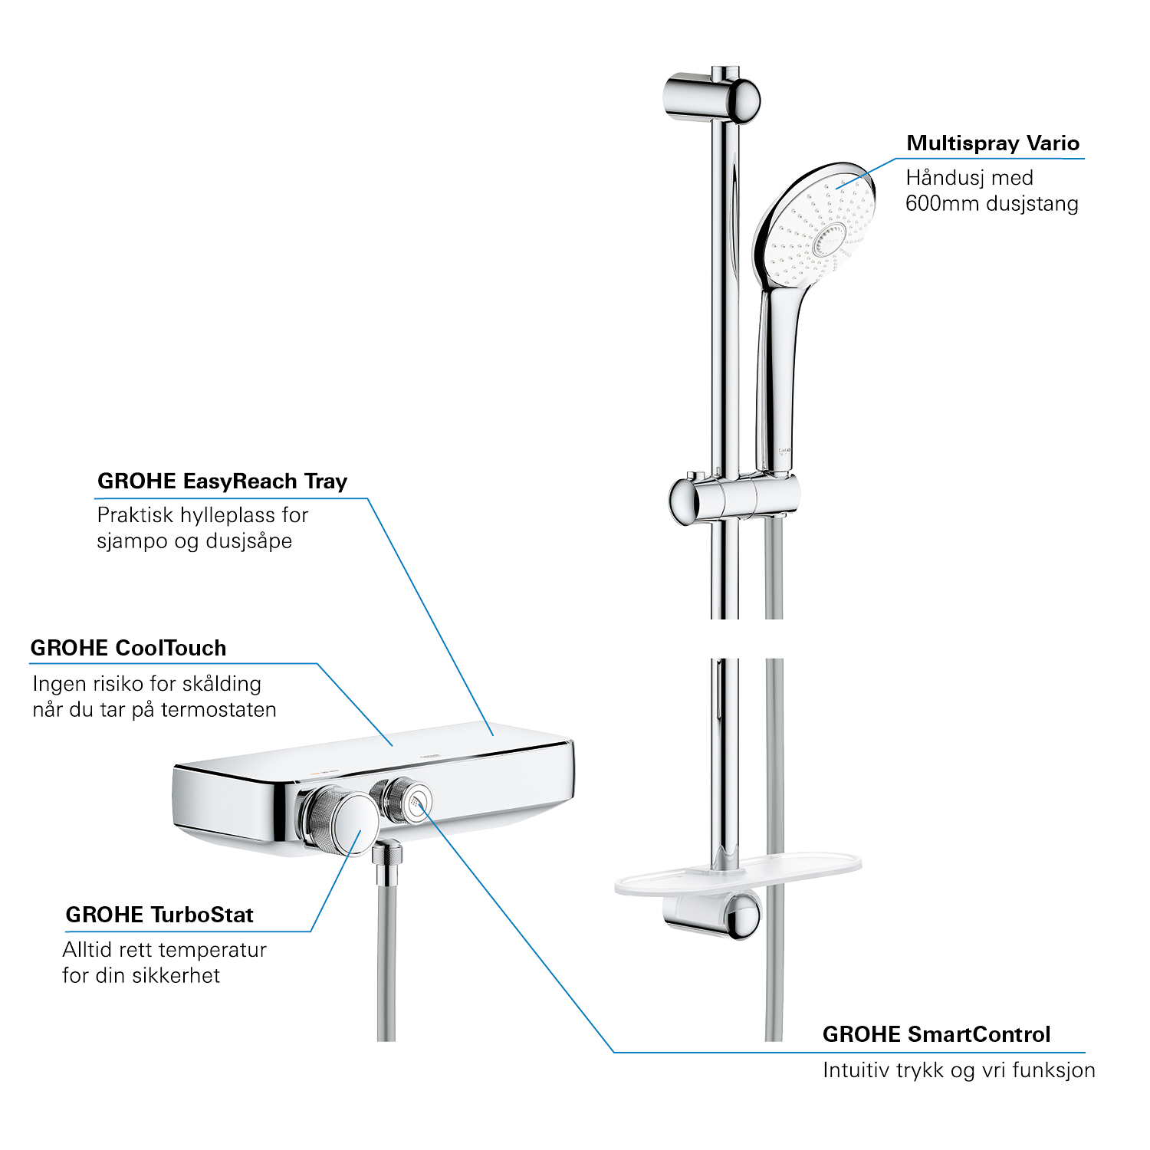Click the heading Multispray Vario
coord(993,143)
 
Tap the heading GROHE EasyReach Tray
coord(222,481)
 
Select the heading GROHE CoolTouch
coord(128,649)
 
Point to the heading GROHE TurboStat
coord(159,915)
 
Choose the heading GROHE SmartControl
coord(936,1034)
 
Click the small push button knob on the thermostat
coord(402,799)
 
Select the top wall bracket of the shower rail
coord(711,98)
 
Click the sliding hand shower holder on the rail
coord(734,498)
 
